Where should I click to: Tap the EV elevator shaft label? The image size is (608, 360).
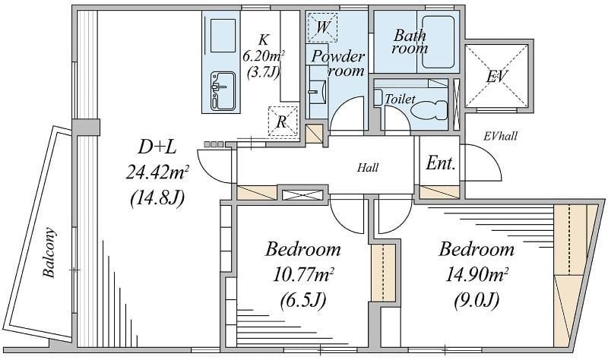[496, 76]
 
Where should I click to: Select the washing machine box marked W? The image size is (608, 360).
[323, 28]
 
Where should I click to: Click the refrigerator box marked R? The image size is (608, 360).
[282, 120]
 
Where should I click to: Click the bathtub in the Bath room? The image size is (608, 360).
[438, 43]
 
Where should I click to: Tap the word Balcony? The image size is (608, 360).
[49, 253]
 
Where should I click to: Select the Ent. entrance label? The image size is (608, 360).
[441, 163]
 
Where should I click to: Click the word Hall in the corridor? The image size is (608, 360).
[368, 168]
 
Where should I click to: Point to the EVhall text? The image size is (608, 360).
[501, 137]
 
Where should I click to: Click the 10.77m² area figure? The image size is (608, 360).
[302, 275]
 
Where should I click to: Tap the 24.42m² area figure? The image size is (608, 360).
[157, 172]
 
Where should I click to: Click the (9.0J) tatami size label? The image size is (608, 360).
[475, 302]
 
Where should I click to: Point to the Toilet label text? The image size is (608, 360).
[400, 99]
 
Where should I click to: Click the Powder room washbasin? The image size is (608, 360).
[318, 90]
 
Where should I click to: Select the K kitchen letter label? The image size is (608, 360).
[264, 39]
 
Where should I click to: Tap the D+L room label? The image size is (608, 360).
[157, 146]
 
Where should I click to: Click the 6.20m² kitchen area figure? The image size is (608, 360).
[264, 56]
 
